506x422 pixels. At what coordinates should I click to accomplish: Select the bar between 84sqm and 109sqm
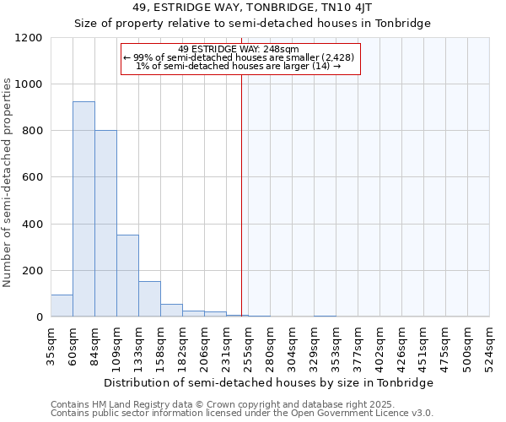coord(105,224)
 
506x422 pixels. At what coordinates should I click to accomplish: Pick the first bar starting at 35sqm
coord(62,306)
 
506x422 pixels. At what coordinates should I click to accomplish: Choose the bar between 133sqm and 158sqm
coord(149,299)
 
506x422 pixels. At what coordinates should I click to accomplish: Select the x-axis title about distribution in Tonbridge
coord(270,382)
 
